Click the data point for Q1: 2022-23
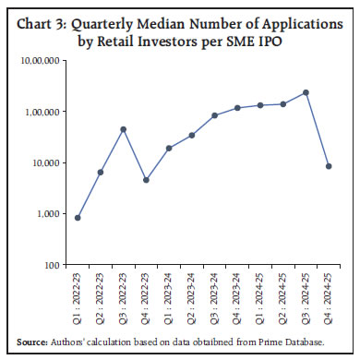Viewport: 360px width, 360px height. [x=78, y=218]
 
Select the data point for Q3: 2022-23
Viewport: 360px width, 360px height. [x=123, y=129]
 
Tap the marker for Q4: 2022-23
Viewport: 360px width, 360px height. [x=146, y=180]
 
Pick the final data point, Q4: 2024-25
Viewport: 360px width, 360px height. [x=329, y=166]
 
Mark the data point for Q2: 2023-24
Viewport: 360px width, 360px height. [x=191, y=135]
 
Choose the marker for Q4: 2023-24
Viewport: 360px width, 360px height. [x=237, y=108]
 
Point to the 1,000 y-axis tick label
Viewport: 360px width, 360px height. [x=50, y=214]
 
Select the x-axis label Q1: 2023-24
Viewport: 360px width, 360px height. [x=169, y=294]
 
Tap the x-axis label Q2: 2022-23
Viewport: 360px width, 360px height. [x=101, y=294]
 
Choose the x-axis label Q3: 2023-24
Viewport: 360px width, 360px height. [x=214, y=294]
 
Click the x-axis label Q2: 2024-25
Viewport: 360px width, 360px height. [x=282, y=294]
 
